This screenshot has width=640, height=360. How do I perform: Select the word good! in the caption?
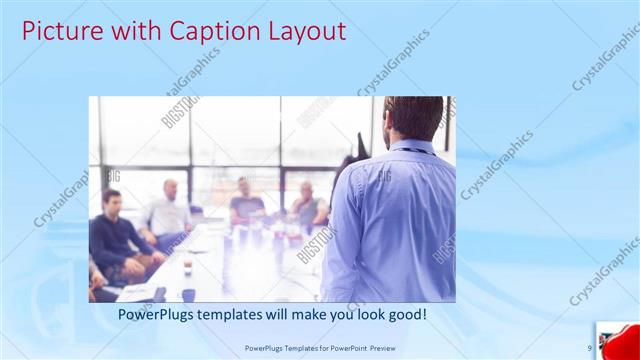(406, 314)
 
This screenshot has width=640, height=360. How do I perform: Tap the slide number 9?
(589, 348)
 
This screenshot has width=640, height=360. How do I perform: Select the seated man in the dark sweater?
(115, 235)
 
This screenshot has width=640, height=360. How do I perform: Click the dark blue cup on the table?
(188, 294)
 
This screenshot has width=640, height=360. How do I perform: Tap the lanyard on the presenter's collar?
(410, 149)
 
